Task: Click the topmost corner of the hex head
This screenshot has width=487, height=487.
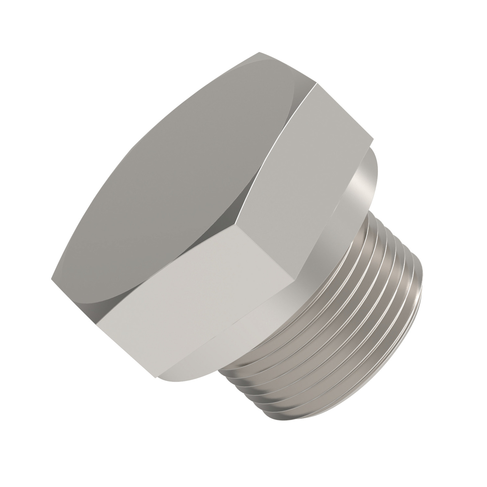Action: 259,53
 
